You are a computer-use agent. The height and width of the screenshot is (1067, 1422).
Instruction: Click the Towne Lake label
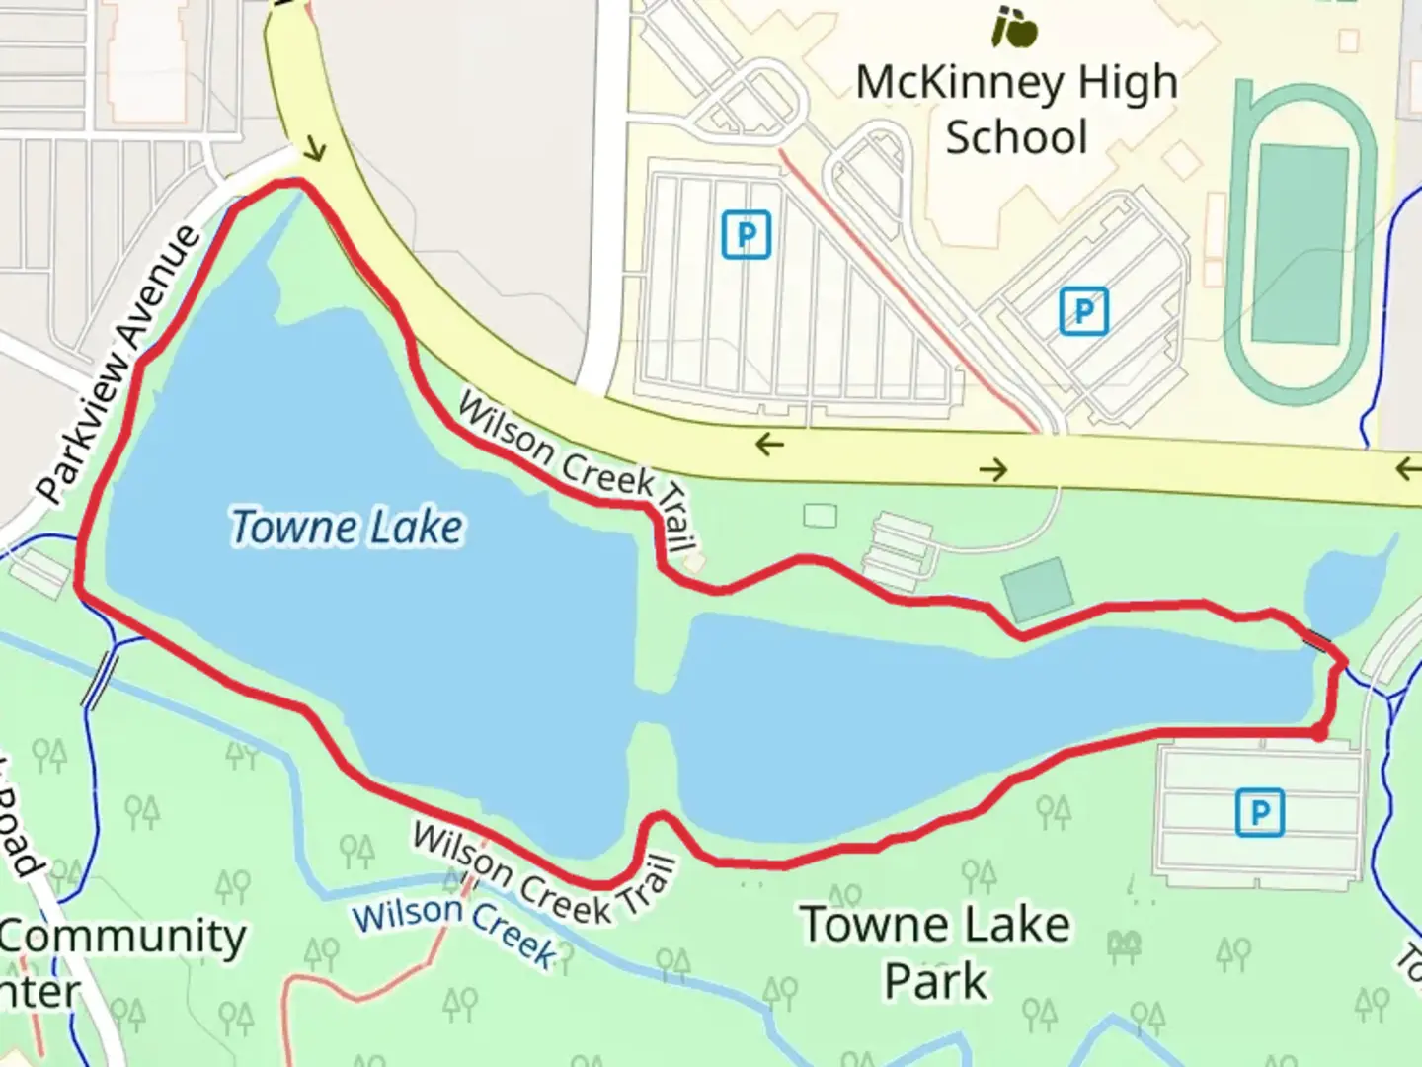click(x=346, y=527)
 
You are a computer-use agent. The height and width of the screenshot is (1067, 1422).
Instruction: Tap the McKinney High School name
click(x=1016, y=109)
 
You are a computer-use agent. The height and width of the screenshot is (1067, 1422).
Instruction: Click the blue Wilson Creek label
click(x=455, y=929)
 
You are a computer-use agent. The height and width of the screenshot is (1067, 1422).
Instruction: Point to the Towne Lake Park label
click(x=935, y=952)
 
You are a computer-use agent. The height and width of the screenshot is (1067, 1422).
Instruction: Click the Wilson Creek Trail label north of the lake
click(x=578, y=470)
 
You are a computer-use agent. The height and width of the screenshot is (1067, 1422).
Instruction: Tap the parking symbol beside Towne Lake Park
click(x=1259, y=812)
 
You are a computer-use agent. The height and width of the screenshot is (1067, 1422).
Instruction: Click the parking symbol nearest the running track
click(x=1083, y=312)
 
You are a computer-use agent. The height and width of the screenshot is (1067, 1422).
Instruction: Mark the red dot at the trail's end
click(x=1318, y=734)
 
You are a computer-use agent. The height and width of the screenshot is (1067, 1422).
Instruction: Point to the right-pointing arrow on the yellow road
click(x=993, y=470)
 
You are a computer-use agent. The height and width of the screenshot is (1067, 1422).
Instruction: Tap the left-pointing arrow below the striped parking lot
click(x=769, y=445)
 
